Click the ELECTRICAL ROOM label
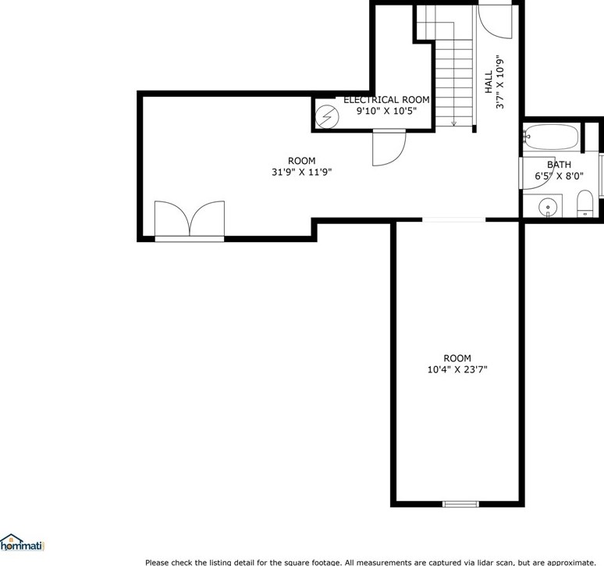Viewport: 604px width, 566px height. tap(386, 100)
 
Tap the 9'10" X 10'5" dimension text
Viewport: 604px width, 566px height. tap(386, 111)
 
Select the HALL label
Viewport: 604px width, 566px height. tap(489, 82)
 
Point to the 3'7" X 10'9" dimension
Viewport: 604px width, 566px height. tap(501, 82)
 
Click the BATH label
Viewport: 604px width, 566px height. tap(559, 165)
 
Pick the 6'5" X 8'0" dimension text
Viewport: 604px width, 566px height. tap(559, 176)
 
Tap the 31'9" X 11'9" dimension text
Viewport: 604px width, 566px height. tap(301, 173)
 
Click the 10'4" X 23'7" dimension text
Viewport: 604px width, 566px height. tap(457, 370)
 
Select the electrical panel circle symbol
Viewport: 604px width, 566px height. tap(325, 118)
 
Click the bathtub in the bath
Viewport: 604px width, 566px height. tap(551, 137)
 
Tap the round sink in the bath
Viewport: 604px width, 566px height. tap(549, 208)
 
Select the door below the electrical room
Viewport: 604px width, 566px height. tap(388, 148)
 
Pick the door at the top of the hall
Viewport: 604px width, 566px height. tap(494, 20)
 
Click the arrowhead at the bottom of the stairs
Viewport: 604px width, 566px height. tap(453, 123)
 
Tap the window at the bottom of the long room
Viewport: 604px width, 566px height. tap(460, 504)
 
